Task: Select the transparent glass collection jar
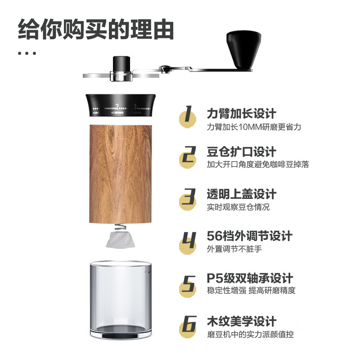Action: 120,297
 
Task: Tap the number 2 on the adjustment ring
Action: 117,107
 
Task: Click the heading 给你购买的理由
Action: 96,30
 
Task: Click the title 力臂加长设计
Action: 241,113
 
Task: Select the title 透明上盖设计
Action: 241,194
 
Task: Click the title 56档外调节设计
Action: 249,235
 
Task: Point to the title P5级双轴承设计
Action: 250,278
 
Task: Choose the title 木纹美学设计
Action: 241,321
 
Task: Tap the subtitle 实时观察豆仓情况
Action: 238,207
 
